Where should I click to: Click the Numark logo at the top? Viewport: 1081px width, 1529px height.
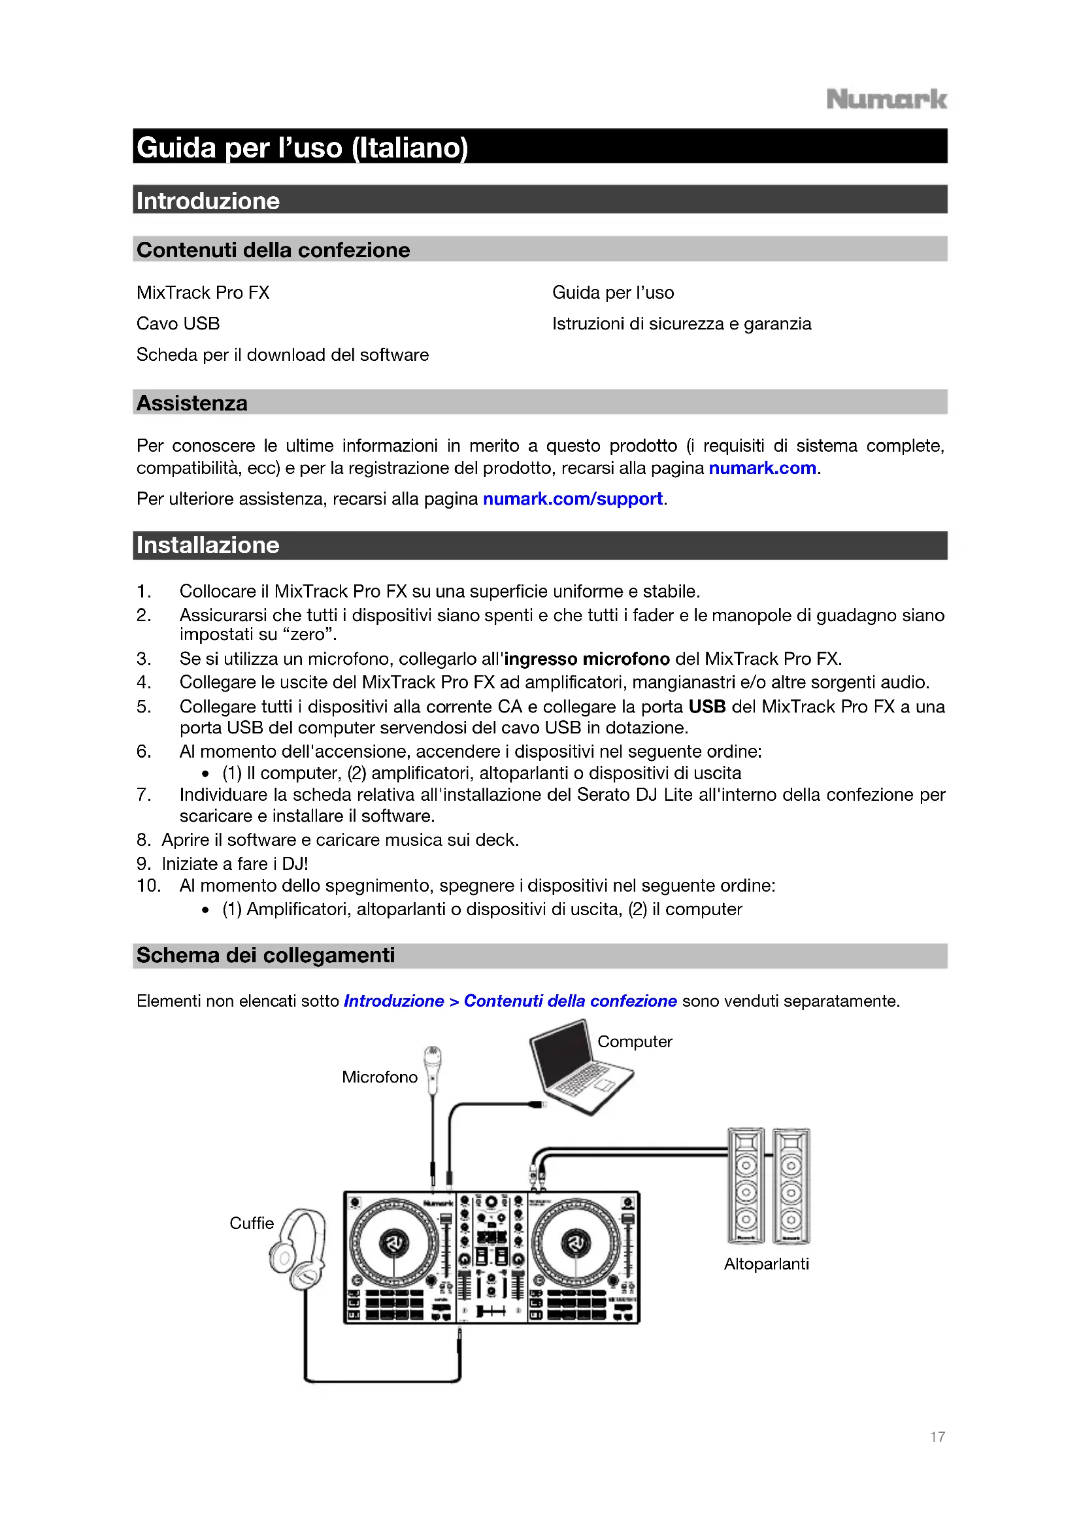(x=886, y=99)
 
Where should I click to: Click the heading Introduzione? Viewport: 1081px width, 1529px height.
(x=208, y=201)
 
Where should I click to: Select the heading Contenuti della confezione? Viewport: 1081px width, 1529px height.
(x=273, y=250)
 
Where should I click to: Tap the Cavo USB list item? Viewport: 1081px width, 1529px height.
(x=178, y=324)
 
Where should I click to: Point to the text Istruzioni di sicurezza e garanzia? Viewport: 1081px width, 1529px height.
(x=682, y=324)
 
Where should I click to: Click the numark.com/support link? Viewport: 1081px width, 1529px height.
(x=573, y=499)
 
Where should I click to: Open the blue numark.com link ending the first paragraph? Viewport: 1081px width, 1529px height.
(x=762, y=468)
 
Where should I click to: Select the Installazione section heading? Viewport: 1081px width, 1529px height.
(x=208, y=545)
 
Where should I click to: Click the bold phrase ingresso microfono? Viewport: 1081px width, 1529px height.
(x=586, y=659)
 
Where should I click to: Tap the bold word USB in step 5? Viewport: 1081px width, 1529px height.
(x=707, y=707)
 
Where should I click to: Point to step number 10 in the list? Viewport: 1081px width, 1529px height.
(x=148, y=886)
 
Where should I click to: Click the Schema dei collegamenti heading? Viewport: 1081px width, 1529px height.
(x=265, y=956)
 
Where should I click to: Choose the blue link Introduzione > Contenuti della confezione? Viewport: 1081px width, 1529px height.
(x=510, y=1001)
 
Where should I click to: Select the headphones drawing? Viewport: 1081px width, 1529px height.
(x=299, y=1249)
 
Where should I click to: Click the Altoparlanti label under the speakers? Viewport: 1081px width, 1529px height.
(x=766, y=1264)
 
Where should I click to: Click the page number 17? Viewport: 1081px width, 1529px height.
(x=937, y=1437)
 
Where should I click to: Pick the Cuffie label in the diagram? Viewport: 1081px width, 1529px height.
(x=252, y=1223)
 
